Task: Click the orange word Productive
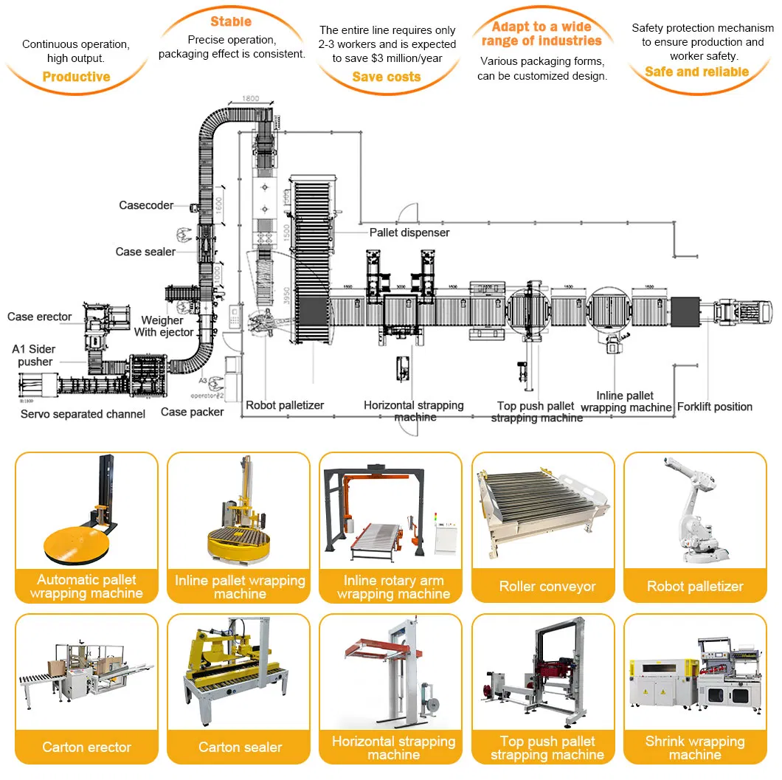click(x=76, y=77)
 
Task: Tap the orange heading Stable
click(x=231, y=21)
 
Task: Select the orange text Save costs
click(x=386, y=77)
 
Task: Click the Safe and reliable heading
click(x=696, y=72)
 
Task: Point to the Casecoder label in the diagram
click(x=146, y=205)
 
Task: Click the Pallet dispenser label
click(x=409, y=232)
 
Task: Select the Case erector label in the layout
click(x=40, y=317)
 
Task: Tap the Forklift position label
click(x=715, y=407)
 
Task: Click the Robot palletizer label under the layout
click(x=285, y=405)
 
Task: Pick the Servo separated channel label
click(x=83, y=414)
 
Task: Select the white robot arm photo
click(x=695, y=513)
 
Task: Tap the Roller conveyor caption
click(x=547, y=587)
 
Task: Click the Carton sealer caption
click(x=240, y=748)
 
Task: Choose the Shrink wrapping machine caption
click(x=695, y=748)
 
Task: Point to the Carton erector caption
click(x=86, y=748)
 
